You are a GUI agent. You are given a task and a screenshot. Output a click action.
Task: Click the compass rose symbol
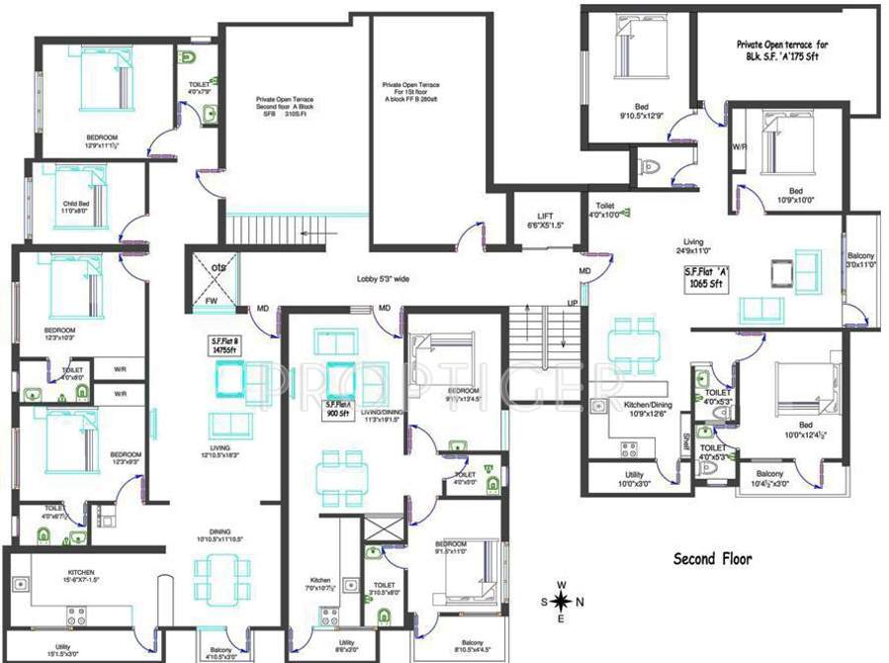pyautogui.click(x=561, y=601)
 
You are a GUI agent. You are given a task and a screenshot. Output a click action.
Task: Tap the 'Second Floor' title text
pyautogui.click(x=712, y=559)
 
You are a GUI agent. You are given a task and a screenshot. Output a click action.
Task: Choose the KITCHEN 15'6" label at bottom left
pyautogui.click(x=81, y=577)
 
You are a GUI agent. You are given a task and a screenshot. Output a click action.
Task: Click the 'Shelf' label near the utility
pyautogui.click(x=685, y=444)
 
